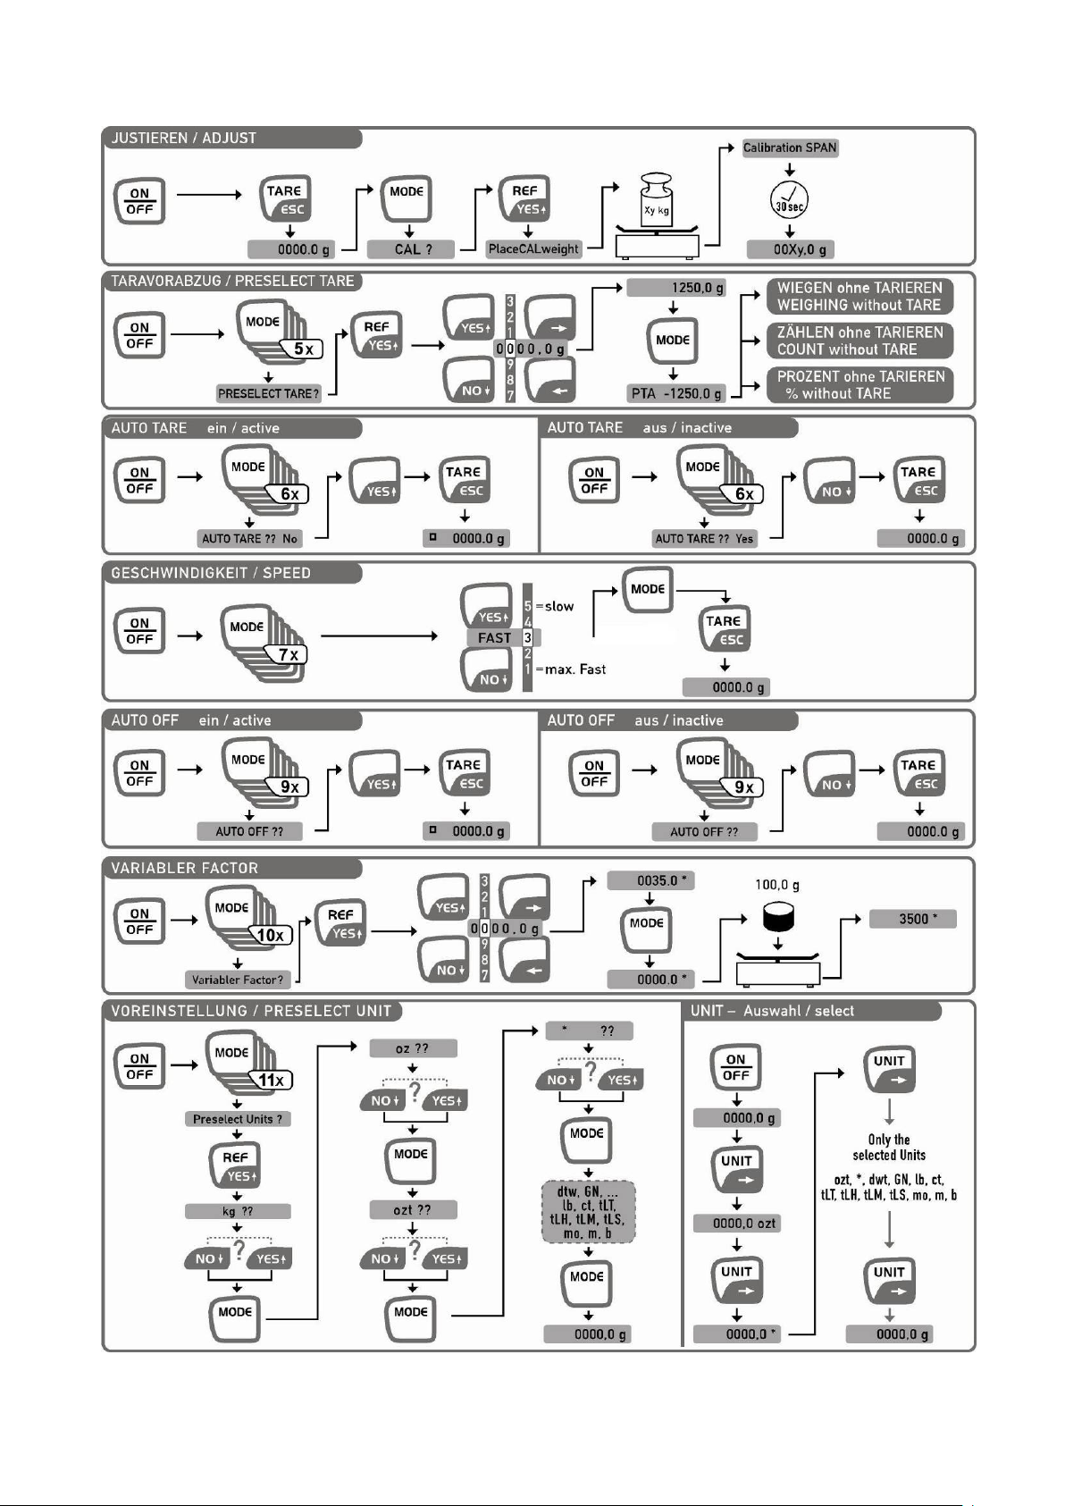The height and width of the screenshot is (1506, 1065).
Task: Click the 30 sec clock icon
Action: [x=789, y=200]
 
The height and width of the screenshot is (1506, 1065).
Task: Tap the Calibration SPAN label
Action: [x=790, y=147]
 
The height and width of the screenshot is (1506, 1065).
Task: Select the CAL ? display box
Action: [x=411, y=249]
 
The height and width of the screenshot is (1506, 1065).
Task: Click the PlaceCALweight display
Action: [x=533, y=249]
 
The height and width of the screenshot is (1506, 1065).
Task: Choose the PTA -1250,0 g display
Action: [x=676, y=393]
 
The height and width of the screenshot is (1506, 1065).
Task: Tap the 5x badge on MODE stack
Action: [x=304, y=349]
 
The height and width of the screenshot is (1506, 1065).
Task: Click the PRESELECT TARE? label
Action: [x=268, y=394]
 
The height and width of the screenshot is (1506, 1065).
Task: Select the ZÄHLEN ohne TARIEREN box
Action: [x=860, y=341]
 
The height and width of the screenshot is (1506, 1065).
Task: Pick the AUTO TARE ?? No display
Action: [x=249, y=539]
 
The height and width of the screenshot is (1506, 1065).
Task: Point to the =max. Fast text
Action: [x=570, y=669]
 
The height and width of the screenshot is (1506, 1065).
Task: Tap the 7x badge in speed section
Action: [x=289, y=654]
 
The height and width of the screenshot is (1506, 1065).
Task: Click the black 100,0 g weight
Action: [x=778, y=916]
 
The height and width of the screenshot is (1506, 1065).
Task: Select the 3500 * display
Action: [x=912, y=919]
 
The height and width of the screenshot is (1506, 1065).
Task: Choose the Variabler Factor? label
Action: [x=238, y=980]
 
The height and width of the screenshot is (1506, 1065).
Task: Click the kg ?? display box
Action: [x=238, y=1211]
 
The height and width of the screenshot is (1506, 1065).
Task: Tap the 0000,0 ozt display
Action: [x=737, y=1223]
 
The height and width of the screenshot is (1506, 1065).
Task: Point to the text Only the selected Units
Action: [x=889, y=1147]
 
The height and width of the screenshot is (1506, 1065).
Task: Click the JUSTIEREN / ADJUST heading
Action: [x=183, y=139]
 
